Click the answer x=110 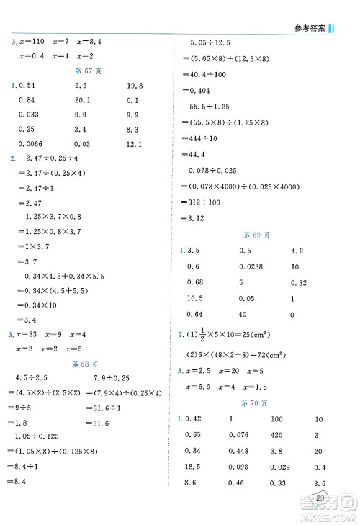point(32,42)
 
